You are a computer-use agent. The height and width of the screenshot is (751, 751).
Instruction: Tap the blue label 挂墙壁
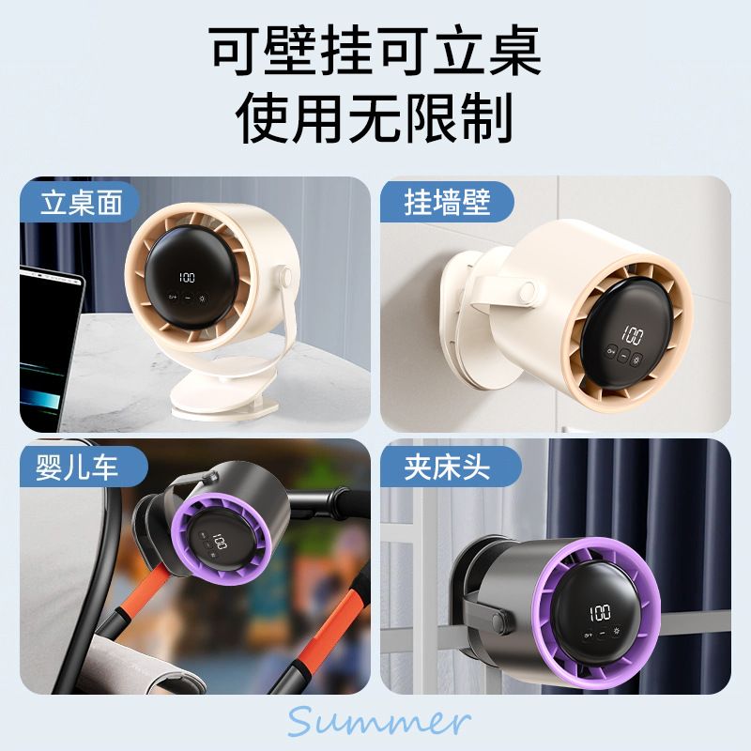tap(447, 203)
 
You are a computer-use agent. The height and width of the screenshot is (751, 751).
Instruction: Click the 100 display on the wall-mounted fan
tap(632, 335)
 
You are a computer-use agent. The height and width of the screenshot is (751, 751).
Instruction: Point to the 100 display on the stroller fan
tap(218, 543)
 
